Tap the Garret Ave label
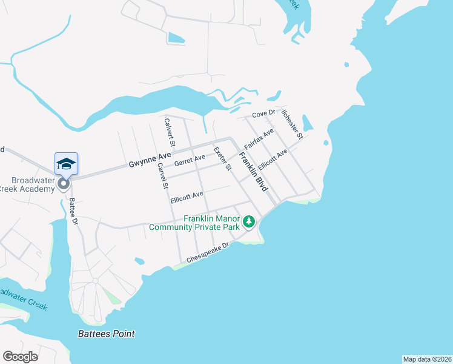point(190,161)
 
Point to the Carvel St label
point(162,176)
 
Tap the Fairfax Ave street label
point(259,139)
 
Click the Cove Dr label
point(263,113)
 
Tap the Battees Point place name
point(107,334)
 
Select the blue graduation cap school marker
point(66,164)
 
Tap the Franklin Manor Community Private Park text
point(194,223)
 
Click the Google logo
point(20,357)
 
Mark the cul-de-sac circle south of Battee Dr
point(95,281)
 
